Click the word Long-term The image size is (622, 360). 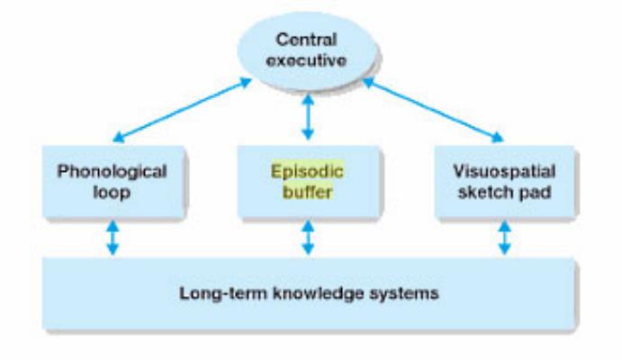point(211,292)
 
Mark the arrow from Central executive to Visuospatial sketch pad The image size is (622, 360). point(432,110)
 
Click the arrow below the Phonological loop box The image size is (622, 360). point(112,238)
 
